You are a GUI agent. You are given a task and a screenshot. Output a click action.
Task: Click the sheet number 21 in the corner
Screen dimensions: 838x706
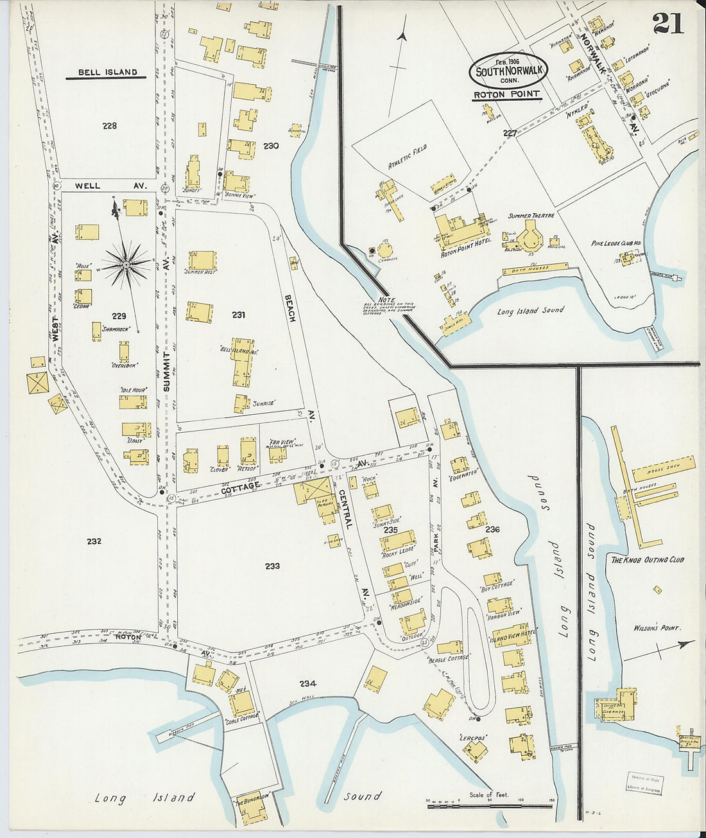[668, 23]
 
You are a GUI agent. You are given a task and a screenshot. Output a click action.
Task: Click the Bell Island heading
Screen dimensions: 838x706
[107, 73]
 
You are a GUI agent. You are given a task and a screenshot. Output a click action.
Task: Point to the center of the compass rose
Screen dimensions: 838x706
[126, 264]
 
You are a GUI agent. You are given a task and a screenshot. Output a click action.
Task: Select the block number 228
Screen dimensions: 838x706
[110, 126]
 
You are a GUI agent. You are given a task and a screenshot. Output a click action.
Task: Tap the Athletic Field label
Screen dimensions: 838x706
[407, 156]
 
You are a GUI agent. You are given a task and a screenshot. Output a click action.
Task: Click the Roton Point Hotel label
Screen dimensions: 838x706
[465, 254]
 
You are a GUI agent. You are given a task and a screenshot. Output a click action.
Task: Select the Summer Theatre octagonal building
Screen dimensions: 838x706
[531, 238]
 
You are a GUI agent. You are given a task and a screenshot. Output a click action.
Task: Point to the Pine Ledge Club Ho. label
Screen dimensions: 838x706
[617, 243]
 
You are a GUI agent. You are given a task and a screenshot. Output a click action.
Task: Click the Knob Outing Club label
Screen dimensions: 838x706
[647, 560]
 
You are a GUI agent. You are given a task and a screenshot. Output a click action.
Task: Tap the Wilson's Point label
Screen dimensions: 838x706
[657, 628]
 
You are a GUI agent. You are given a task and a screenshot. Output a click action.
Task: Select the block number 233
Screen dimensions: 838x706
[272, 566]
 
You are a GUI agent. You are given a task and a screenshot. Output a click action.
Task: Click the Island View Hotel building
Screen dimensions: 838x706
[511, 635]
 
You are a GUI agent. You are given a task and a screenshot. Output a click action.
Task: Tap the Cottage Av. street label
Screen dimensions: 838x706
[241, 486]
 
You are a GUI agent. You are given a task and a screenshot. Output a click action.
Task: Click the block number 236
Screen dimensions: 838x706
[492, 530]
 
